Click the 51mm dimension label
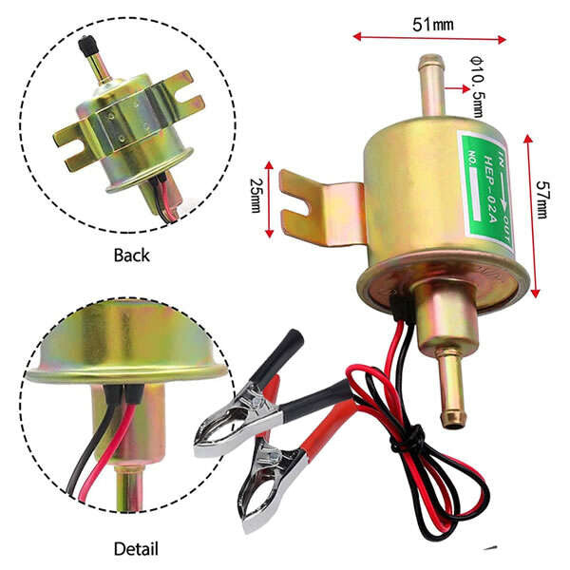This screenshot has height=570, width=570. pyautogui.click(x=433, y=25)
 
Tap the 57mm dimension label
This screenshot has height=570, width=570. pyautogui.click(x=542, y=199)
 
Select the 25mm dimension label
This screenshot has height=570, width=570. pyautogui.click(x=256, y=196)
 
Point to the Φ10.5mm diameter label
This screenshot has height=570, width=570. pyautogui.click(x=477, y=85)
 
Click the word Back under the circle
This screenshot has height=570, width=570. pyautogui.click(x=132, y=256)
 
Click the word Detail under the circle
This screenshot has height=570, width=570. pyautogui.click(x=136, y=548)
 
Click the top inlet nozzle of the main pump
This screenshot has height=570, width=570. pyautogui.click(x=432, y=85)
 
